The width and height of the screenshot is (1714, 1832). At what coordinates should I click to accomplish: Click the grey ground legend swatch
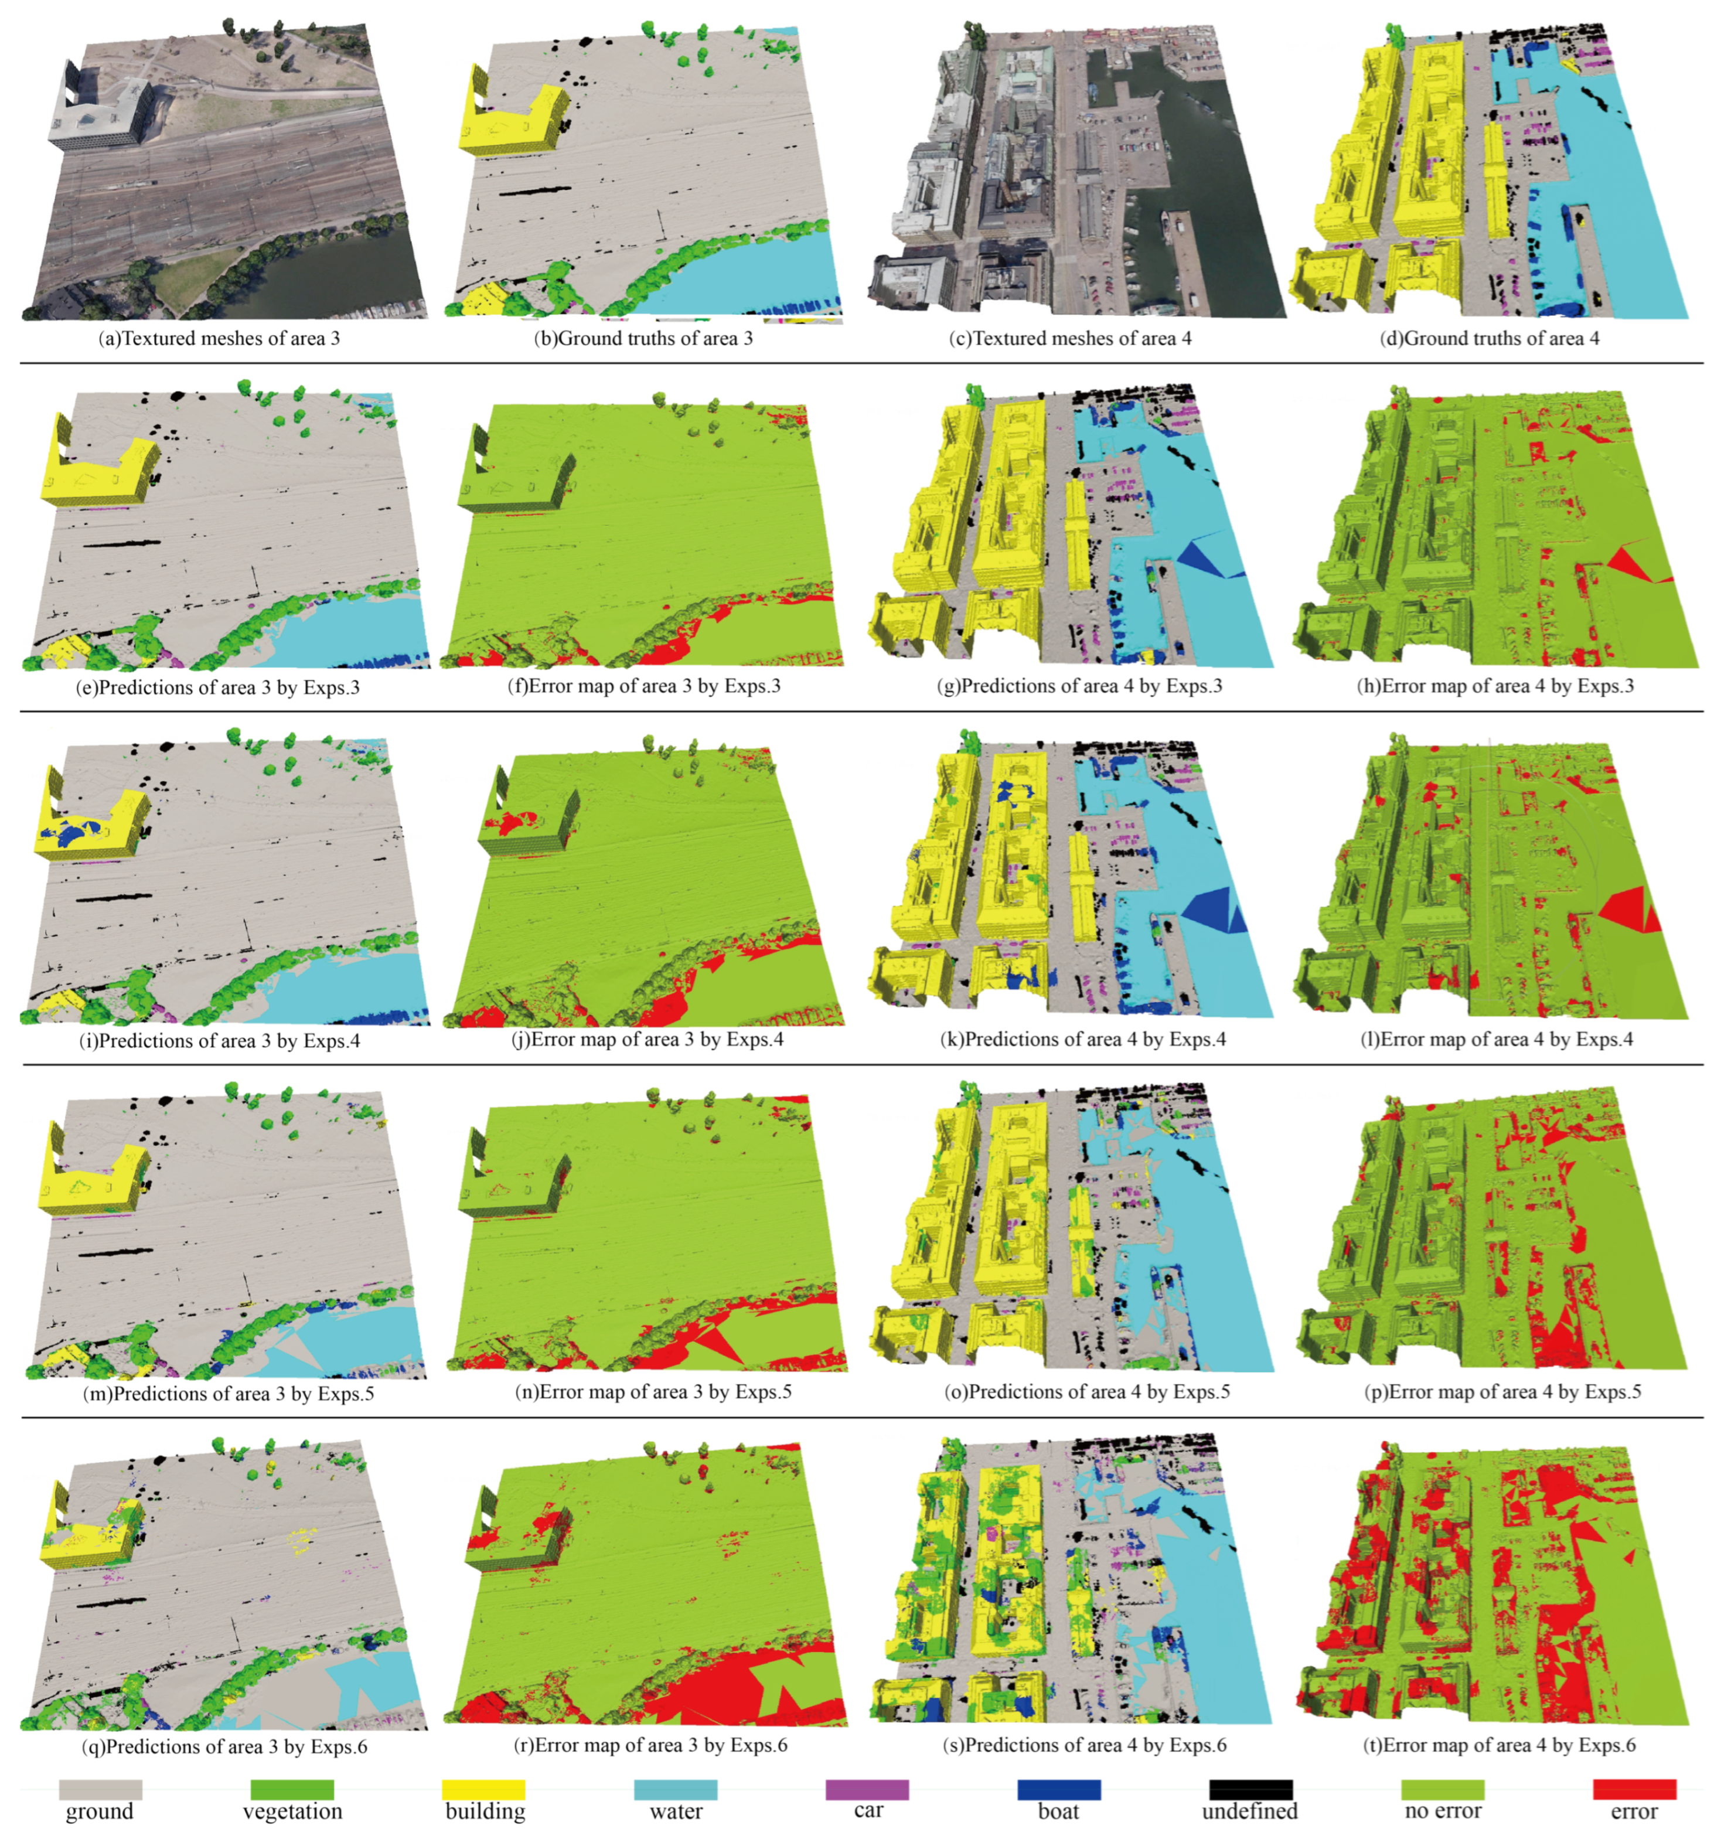(x=100, y=1789)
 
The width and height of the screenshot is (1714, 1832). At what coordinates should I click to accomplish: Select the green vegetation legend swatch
(x=292, y=1789)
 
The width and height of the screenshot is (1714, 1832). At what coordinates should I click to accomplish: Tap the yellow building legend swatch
(x=484, y=1789)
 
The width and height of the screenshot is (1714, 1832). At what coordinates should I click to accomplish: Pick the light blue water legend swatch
(x=676, y=1789)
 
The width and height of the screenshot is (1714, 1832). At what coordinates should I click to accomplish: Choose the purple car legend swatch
(x=867, y=1789)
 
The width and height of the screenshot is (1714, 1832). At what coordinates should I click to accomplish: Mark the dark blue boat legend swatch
(x=1059, y=1789)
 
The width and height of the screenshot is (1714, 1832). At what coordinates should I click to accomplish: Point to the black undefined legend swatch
(x=1250, y=1789)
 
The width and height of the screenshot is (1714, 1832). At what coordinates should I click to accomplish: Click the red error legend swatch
(x=1634, y=1789)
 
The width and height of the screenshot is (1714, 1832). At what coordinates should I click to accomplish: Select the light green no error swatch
(x=1442, y=1789)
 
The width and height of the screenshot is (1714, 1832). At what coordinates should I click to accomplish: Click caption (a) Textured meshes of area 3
(x=219, y=338)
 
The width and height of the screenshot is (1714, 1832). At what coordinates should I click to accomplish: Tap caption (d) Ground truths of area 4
(x=1489, y=338)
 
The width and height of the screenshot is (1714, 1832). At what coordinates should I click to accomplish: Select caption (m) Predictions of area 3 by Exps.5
(x=229, y=1394)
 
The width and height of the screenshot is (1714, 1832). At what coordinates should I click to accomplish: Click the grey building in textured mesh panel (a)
(x=101, y=111)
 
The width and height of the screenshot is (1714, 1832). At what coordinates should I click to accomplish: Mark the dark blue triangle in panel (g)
(x=1200, y=557)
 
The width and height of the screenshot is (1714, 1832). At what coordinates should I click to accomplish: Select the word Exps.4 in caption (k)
(x=1197, y=1040)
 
